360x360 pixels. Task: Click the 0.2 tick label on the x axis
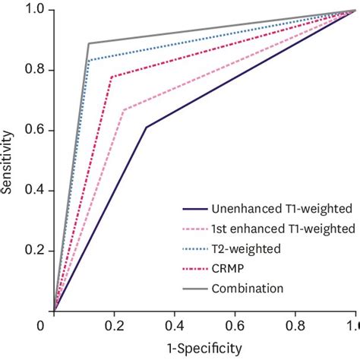114,326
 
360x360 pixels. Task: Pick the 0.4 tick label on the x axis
174,326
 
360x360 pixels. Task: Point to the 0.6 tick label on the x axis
234,326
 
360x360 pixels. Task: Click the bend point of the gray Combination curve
89,43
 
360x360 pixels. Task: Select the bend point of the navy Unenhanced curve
146,127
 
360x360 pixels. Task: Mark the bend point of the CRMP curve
112,76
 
